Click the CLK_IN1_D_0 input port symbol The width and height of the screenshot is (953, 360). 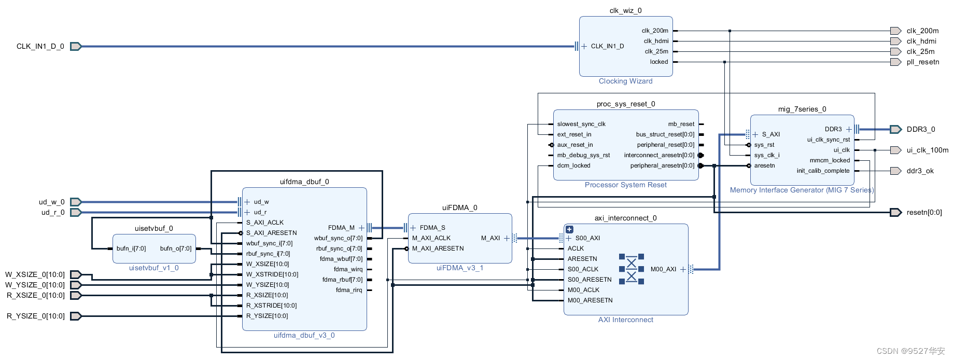(x=76, y=47)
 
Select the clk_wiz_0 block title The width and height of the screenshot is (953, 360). (x=625, y=10)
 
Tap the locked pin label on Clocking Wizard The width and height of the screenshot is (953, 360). (x=658, y=62)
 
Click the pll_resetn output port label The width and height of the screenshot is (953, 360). (x=922, y=62)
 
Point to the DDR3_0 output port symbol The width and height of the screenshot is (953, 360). (x=895, y=129)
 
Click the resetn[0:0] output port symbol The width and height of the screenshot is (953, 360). (x=895, y=212)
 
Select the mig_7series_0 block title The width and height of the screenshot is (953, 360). (x=802, y=109)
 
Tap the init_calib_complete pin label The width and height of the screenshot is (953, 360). (x=823, y=171)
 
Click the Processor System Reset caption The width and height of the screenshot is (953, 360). (x=625, y=185)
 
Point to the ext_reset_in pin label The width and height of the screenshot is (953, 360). (x=574, y=134)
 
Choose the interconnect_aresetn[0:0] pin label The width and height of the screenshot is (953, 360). (x=658, y=155)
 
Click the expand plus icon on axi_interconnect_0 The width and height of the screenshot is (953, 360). (x=569, y=229)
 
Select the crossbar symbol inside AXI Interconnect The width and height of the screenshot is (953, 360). (x=631, y=269)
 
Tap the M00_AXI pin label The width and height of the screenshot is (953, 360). (x=663, y=269)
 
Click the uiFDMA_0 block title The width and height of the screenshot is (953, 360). (x=459, y=207)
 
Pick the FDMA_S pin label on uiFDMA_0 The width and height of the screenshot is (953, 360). (x=432, y=228)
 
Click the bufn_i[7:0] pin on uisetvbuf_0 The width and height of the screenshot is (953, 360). (x=131, y=248)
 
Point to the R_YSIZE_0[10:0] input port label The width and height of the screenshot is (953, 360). (x=36, y=316)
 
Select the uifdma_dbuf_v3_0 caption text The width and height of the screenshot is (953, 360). (x=304, y=335)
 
